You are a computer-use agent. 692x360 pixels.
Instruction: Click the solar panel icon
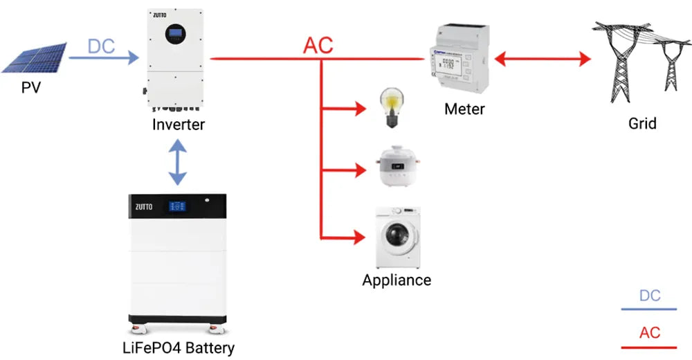(35, 57)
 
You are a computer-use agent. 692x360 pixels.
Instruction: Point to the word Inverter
(179, 125)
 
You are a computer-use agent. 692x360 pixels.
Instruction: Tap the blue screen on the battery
(175, 206)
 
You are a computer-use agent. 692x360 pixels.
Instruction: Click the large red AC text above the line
(318, 46)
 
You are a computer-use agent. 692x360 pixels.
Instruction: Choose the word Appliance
(397, 280)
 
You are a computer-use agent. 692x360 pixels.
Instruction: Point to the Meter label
(464, 109)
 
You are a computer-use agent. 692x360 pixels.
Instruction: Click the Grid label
(642, 124)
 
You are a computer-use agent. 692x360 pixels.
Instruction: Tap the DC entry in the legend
(649, 296)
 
